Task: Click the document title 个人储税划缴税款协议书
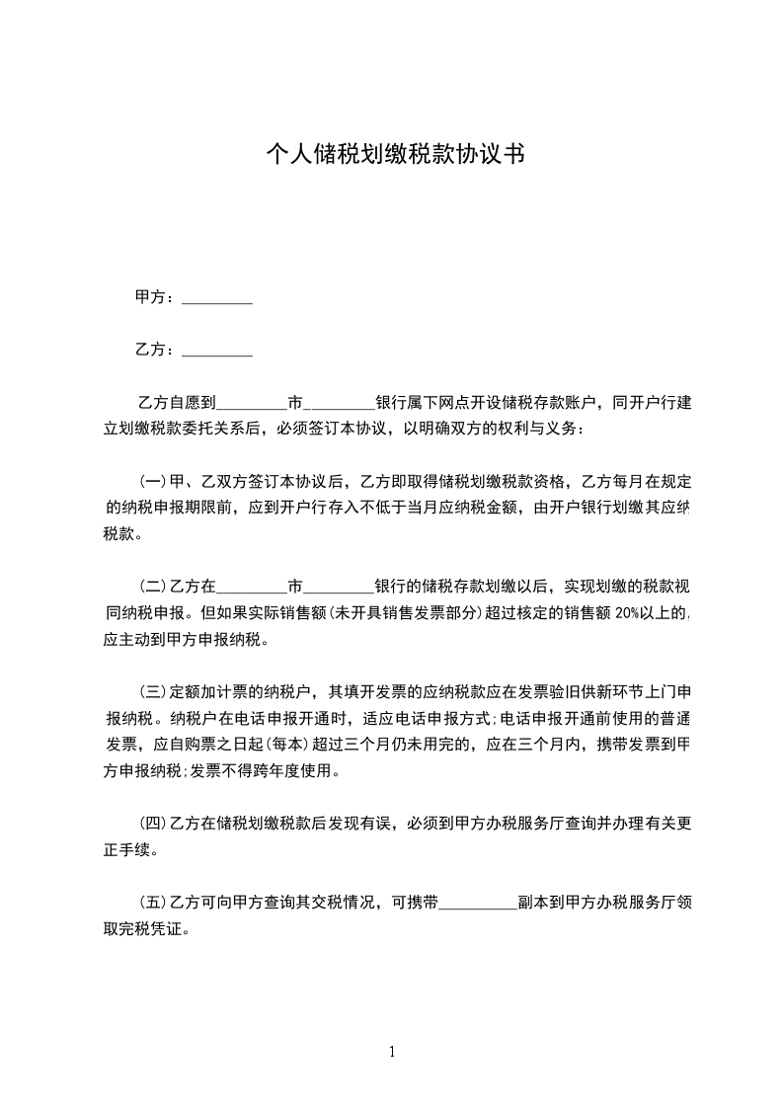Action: pyautogui.click(x=395, y=154)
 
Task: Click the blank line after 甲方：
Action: pyautogui.click(x=217, y=297)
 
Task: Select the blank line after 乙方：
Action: pyautogui.click(x=217, y=350)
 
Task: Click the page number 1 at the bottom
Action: pyautogui.click(x=392, y=1052)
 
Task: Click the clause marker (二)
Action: pyautogui.click(x=153, y=587)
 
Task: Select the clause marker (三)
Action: pyautogui.click(x=153, y=691)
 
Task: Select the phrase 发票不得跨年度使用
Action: pyautogui.click(x=268, y=771)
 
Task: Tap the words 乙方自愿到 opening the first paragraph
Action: pyautogui.click(x=177, y=403)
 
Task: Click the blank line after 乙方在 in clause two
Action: pyautogui.click(x=251, y=587)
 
